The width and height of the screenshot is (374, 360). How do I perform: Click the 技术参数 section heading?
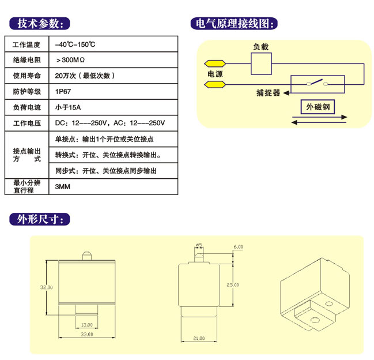tap(39, 24)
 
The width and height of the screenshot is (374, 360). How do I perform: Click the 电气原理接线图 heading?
tap(233, 24)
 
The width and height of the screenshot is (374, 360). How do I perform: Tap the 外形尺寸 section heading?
tap(39, 220)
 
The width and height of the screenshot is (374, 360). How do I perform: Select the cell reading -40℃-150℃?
tap(75, 44)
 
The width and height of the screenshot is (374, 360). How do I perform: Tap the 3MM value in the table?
tap(62, 187)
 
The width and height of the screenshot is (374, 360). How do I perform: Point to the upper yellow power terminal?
tap(214, 63)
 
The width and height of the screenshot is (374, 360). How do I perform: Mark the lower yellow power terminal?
tap(215, 85)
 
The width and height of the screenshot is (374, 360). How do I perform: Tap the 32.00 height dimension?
tap(47, 287)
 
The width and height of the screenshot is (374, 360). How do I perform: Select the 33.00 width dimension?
tap(86, 335)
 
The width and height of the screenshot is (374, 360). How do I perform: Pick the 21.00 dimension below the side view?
tap(199, 338)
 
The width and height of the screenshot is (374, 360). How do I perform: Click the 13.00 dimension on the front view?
tap(86, 324)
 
